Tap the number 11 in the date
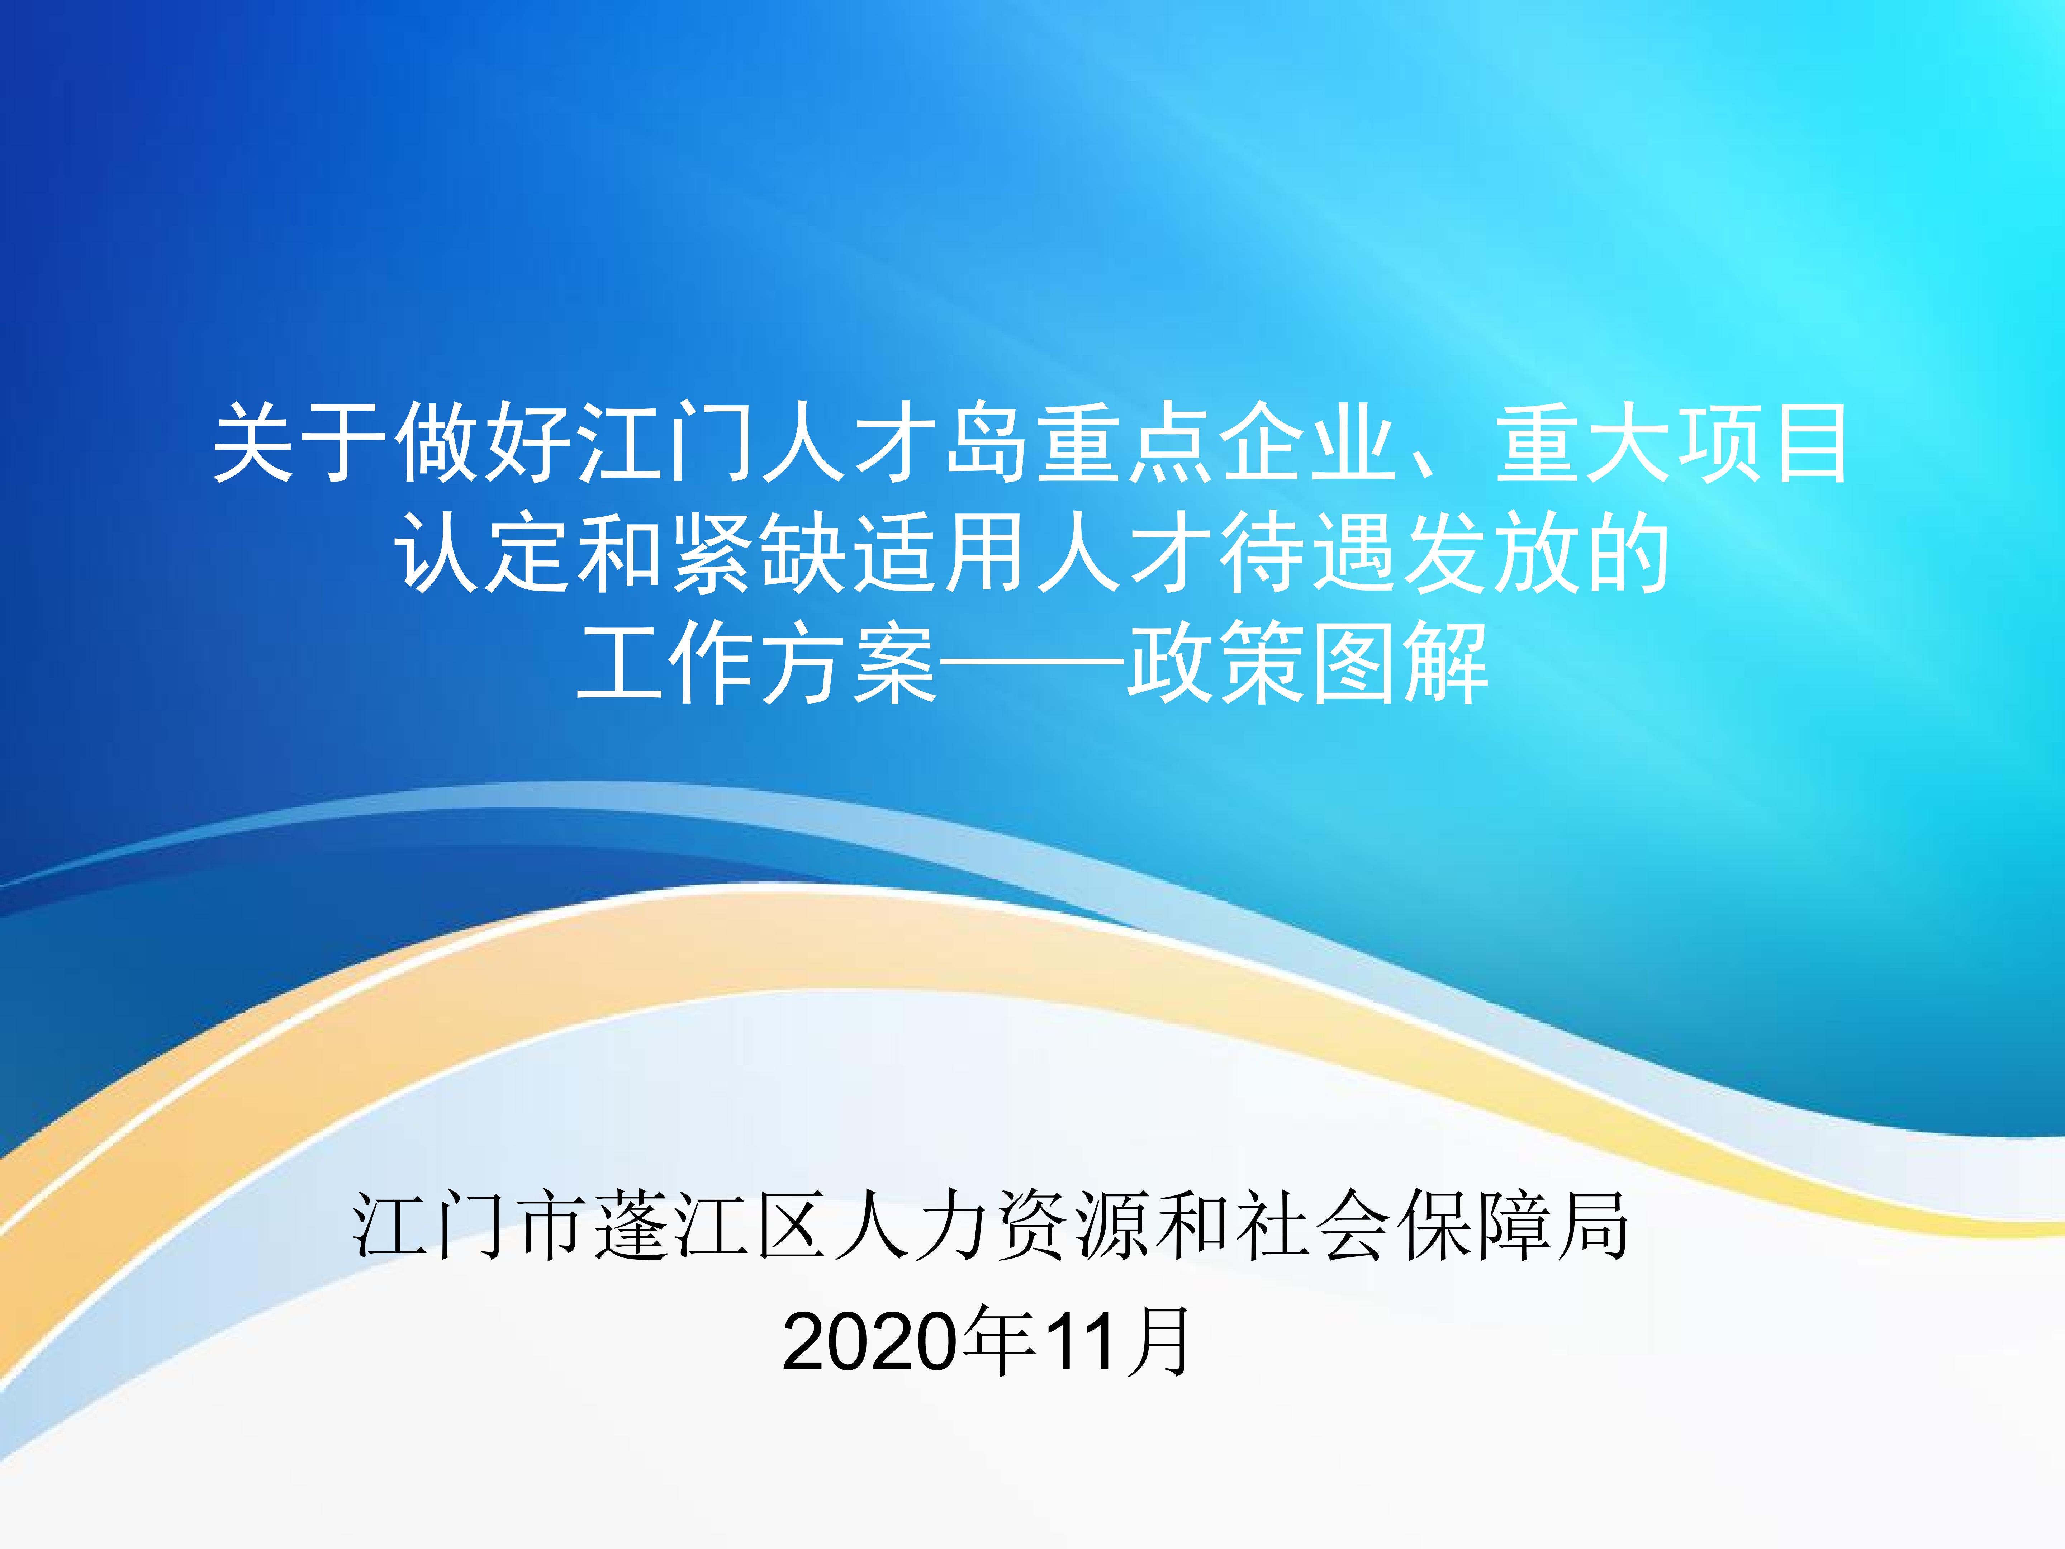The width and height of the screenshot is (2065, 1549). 1083,1343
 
